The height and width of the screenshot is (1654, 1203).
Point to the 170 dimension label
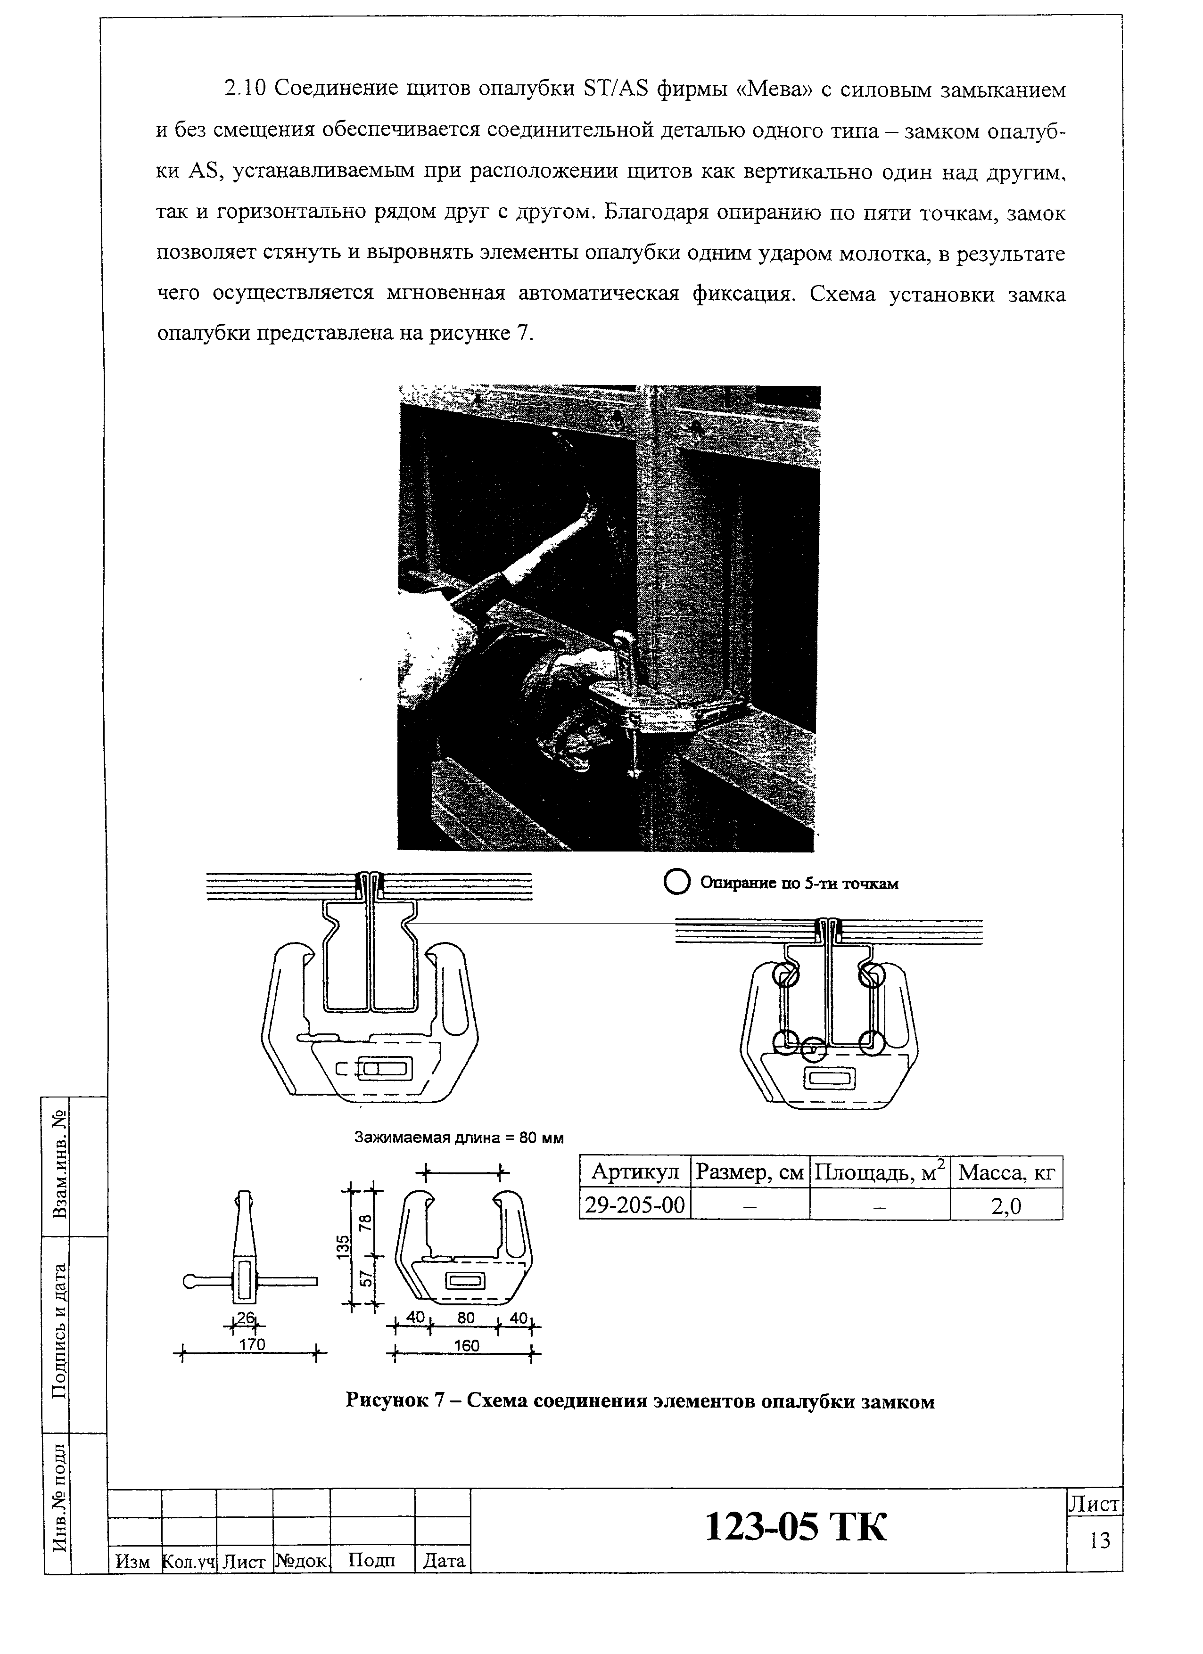[252, 1343]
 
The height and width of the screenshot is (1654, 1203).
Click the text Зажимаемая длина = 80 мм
[458, 1138]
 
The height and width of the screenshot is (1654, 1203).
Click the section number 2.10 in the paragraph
[245, 90]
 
